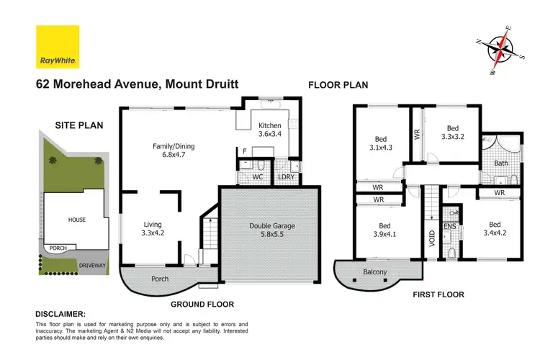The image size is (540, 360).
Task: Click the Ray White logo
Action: point(57,46)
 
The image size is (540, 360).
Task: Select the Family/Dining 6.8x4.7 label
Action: point(170,150)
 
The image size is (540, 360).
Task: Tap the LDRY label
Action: point(286,176)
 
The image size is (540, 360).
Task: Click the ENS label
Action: point(449,227)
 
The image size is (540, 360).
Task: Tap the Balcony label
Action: point(375,272)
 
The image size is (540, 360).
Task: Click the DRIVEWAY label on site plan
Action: point(78,264)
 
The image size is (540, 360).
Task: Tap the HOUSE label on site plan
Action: point(77,218)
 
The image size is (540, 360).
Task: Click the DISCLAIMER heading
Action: point(60,315)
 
